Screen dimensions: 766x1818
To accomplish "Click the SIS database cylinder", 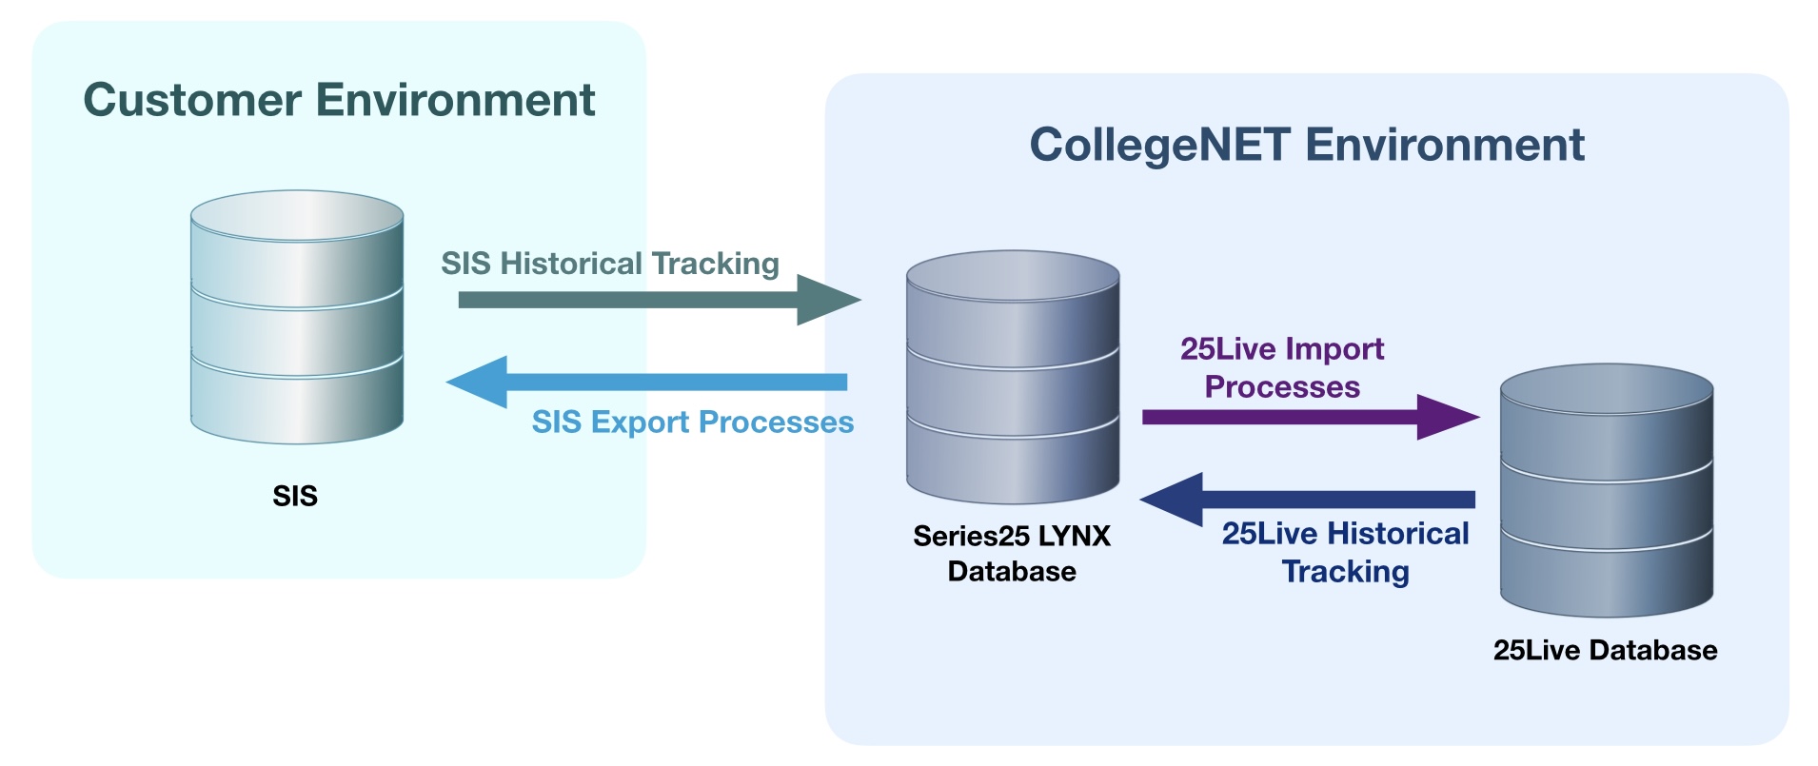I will pyautogui.click(x=297, y=317).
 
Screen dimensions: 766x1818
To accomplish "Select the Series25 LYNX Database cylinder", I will pyautogui.click(x=1013, y=377).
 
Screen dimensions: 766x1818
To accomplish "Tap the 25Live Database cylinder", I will pyautogui.click(x=1607, y=490).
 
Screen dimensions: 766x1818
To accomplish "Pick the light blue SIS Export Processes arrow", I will pyautogui.click(x=647, y=382).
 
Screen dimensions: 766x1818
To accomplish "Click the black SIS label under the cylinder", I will pyautogui.click(x=295, y=496).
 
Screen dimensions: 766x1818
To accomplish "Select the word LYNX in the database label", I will pyautogui.click(x=1074, y=536).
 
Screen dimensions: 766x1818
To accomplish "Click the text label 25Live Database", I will pyautogui.click(x=1605, y=650).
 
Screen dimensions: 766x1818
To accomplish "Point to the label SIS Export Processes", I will pyautogui.click(x=692, y=422).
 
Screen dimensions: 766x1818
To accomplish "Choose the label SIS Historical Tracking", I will pyautogui.click(x=610, y=264).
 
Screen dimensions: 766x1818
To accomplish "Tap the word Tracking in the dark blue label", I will pyautogui.click(x=1345, y=571).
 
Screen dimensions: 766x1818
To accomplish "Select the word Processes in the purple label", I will pyautogui.click(x=1282, y=387).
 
